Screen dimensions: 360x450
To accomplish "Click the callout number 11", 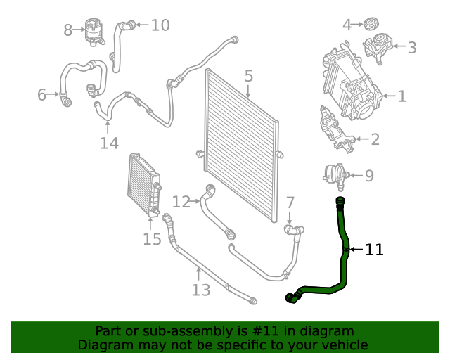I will point(374,250).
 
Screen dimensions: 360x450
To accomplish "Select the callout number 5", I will point(248,75).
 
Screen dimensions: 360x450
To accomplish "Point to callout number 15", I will point(152,239).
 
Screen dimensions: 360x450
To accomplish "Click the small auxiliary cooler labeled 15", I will point(143,185).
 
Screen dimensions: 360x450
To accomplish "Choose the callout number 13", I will point(201,290).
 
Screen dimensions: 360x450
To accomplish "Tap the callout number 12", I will point(181,202).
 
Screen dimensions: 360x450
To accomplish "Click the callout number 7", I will point(290,202).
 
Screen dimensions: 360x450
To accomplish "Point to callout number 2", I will point(375,139).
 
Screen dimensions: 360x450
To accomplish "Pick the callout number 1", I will point(401,96).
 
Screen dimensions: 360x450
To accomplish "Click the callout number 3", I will point(411,48).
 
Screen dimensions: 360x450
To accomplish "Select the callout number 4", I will point(347,25).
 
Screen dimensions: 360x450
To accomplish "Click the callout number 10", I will point(160,25).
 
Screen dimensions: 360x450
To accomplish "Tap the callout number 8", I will point(68,30).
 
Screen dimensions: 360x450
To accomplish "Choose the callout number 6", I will point(41,94).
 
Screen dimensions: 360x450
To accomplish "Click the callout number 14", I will point(109,143).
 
